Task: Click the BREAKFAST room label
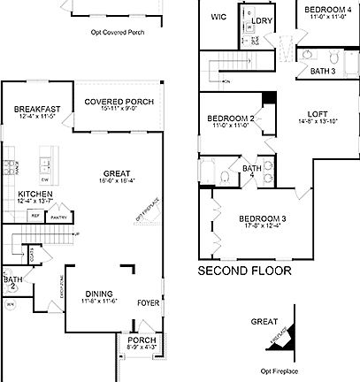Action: (x=36, y=109)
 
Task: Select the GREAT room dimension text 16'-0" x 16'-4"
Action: (x=116, y=181)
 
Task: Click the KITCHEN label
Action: (x=34, y=194)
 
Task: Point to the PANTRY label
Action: (x=59, y=216)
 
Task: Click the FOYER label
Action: (x=148, y=303)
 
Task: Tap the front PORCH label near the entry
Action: (x=142, y=340)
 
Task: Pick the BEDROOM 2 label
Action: (x=231, y=118)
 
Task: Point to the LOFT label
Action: (x=318, y=113)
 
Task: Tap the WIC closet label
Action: (x=219, y=17)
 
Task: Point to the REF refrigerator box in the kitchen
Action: (x=36, y=215)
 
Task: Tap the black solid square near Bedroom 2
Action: (x=270, y=98)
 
